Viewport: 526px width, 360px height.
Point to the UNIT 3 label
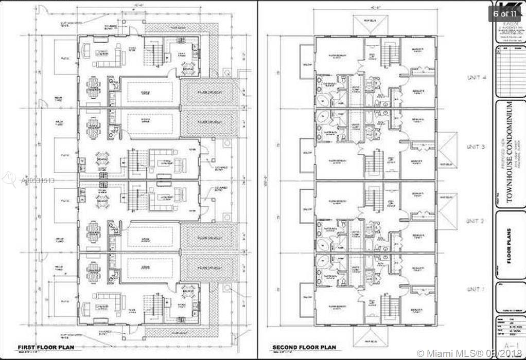pyautogui.click(x=476, y=147)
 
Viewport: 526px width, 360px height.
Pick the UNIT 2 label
pyautogui.click(x=476, y=221)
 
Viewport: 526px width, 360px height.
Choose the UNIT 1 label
pyautogui.click(x=476, y=290)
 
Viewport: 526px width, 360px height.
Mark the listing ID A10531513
pyautogui.click(x=37, y=181)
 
